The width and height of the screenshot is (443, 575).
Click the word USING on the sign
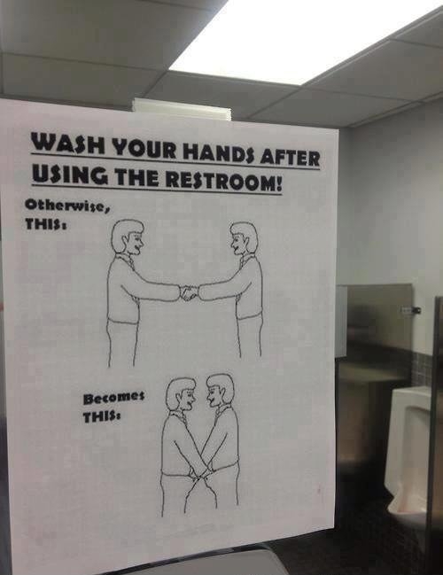pos(70,173)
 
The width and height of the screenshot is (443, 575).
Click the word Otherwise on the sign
pos(67,206)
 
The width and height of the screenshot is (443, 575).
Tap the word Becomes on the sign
pos(113,398)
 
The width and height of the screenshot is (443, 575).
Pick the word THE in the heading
pos(136,176)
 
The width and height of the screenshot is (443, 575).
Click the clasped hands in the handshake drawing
pos(189,293)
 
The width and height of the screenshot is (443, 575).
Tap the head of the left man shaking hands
pos(128,237)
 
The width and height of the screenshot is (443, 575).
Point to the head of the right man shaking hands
pos(244,238)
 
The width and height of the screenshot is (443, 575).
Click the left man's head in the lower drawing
pos(181,394)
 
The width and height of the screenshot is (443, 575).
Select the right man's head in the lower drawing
pos(220,391)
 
